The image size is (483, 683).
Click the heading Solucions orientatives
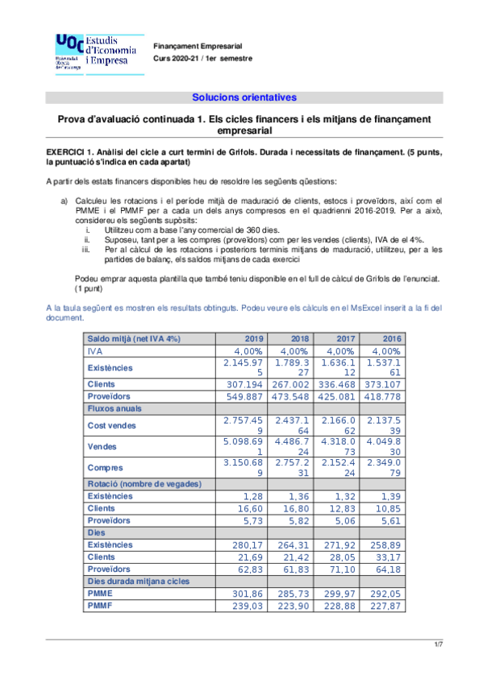click(x=244, y=97)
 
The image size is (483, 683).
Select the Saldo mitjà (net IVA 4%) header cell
click(x=134, y=339)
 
